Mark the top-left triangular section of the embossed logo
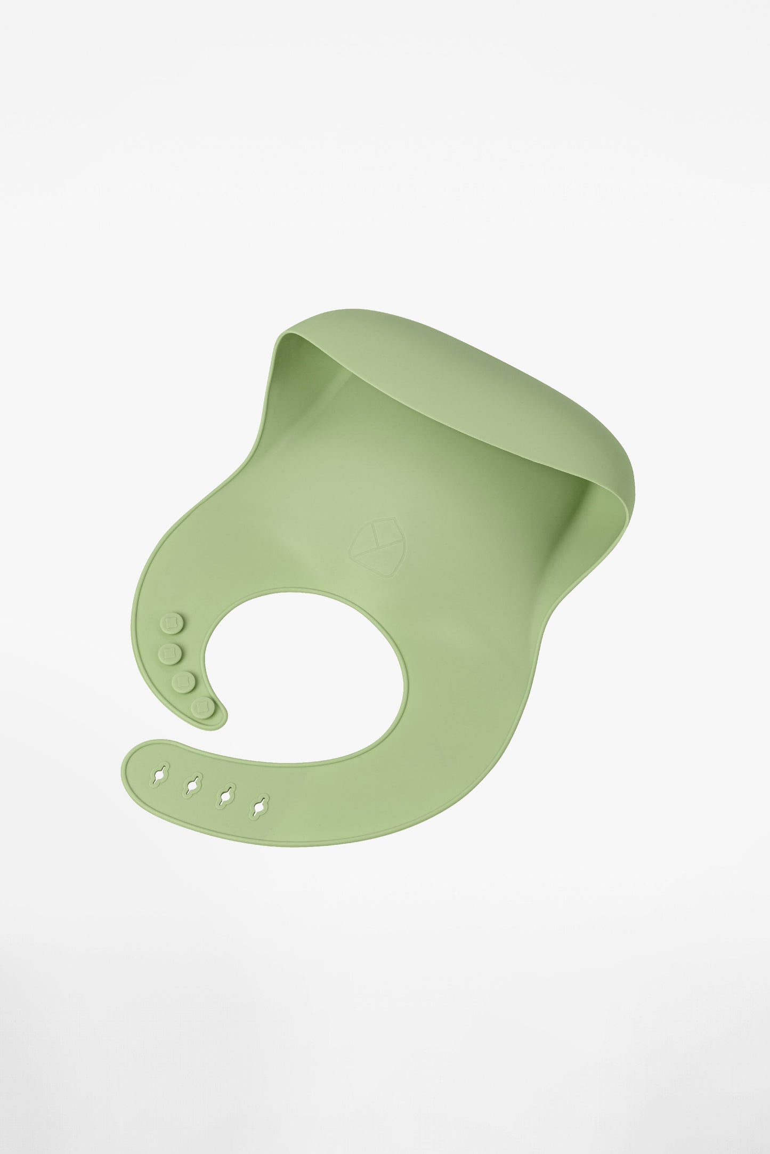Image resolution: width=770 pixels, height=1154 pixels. pyautogui.click(x=367, y=536)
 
